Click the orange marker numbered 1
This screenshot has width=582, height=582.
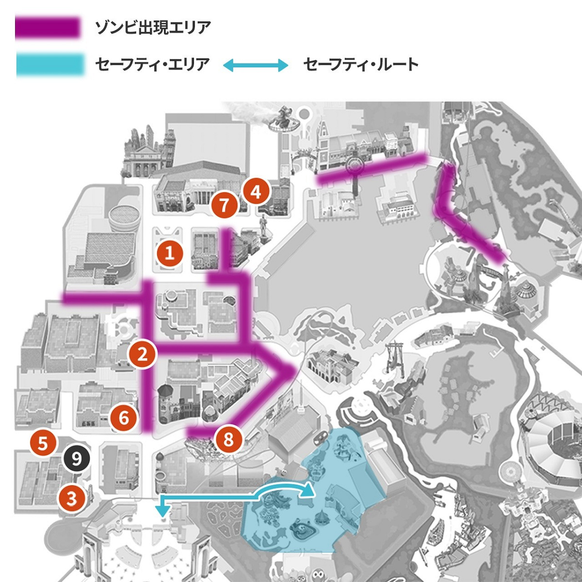click(x=170, y=253)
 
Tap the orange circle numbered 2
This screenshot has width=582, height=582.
click(x=142, y=355)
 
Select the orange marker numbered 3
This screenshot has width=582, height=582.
click(x=72, y=498)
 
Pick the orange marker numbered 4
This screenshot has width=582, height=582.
click(x=256, y=192)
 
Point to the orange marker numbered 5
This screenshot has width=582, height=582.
click(x=43, y=443)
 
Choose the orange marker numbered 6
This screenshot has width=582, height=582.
click(x=124, y=417)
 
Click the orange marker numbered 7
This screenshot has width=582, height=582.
click(x=225, y=205)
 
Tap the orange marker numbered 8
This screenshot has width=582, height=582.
click(x=228, y=439)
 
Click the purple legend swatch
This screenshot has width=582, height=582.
click(x=48, y=28)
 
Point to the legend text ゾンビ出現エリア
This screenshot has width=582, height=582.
click(x=153, y=28)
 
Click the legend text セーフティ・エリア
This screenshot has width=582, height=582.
click(x=152, y=65)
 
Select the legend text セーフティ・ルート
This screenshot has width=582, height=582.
click(x=360, y=65)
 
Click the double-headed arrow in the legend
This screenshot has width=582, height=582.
click(x=256, y=65)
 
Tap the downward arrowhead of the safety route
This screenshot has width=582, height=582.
click(x=162, y=510)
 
